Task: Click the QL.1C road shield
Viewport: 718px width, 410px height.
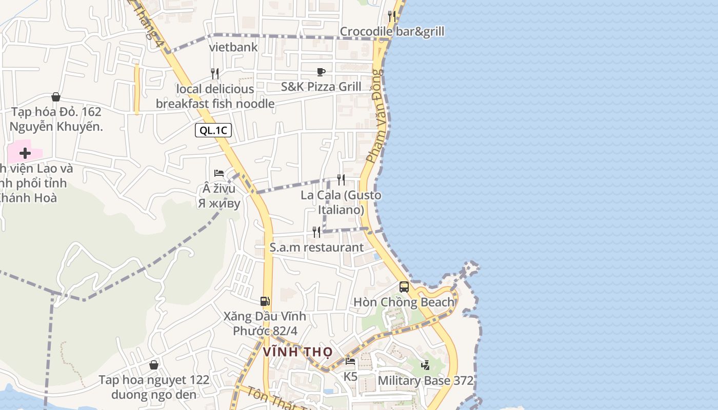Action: [x=213, y=130]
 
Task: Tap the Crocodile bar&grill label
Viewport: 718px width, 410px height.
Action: [x=392, y=32]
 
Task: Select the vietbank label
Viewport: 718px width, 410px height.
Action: [x=233, y=48]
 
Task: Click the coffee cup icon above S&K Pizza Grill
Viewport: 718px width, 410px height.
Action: [x=321, y=72]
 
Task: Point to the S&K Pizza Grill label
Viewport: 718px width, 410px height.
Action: [x=321, y=87]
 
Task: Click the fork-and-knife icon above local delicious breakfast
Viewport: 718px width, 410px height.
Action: [x=215, y=74]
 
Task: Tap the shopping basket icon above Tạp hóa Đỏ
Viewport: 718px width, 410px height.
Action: [x=56, y=97]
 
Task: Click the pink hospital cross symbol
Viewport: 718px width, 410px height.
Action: [x=25, y=153]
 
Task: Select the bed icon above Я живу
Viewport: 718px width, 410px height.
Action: [x=219, y=173]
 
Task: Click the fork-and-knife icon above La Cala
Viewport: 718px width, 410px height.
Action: [x=341, y=179]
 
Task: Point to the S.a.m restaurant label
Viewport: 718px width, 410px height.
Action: [x=316, y=248]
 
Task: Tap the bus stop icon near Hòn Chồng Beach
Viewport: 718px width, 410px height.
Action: [x=404, y=287]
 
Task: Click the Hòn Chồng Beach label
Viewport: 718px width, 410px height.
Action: [x=404, y=302]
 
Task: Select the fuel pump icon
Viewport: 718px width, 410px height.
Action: [x=265, y=301]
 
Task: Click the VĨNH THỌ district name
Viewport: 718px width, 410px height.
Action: [x=297, y=352]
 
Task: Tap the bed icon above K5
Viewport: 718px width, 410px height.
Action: [x=350, y=362]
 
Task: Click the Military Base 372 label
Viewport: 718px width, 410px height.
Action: [x=425, y=381]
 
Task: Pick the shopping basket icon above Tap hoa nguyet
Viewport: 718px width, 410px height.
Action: [x=153, y=365]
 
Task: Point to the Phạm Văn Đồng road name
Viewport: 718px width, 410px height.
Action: [x=376, y=116]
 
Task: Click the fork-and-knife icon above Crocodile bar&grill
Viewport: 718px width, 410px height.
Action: [x=392, y=16]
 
